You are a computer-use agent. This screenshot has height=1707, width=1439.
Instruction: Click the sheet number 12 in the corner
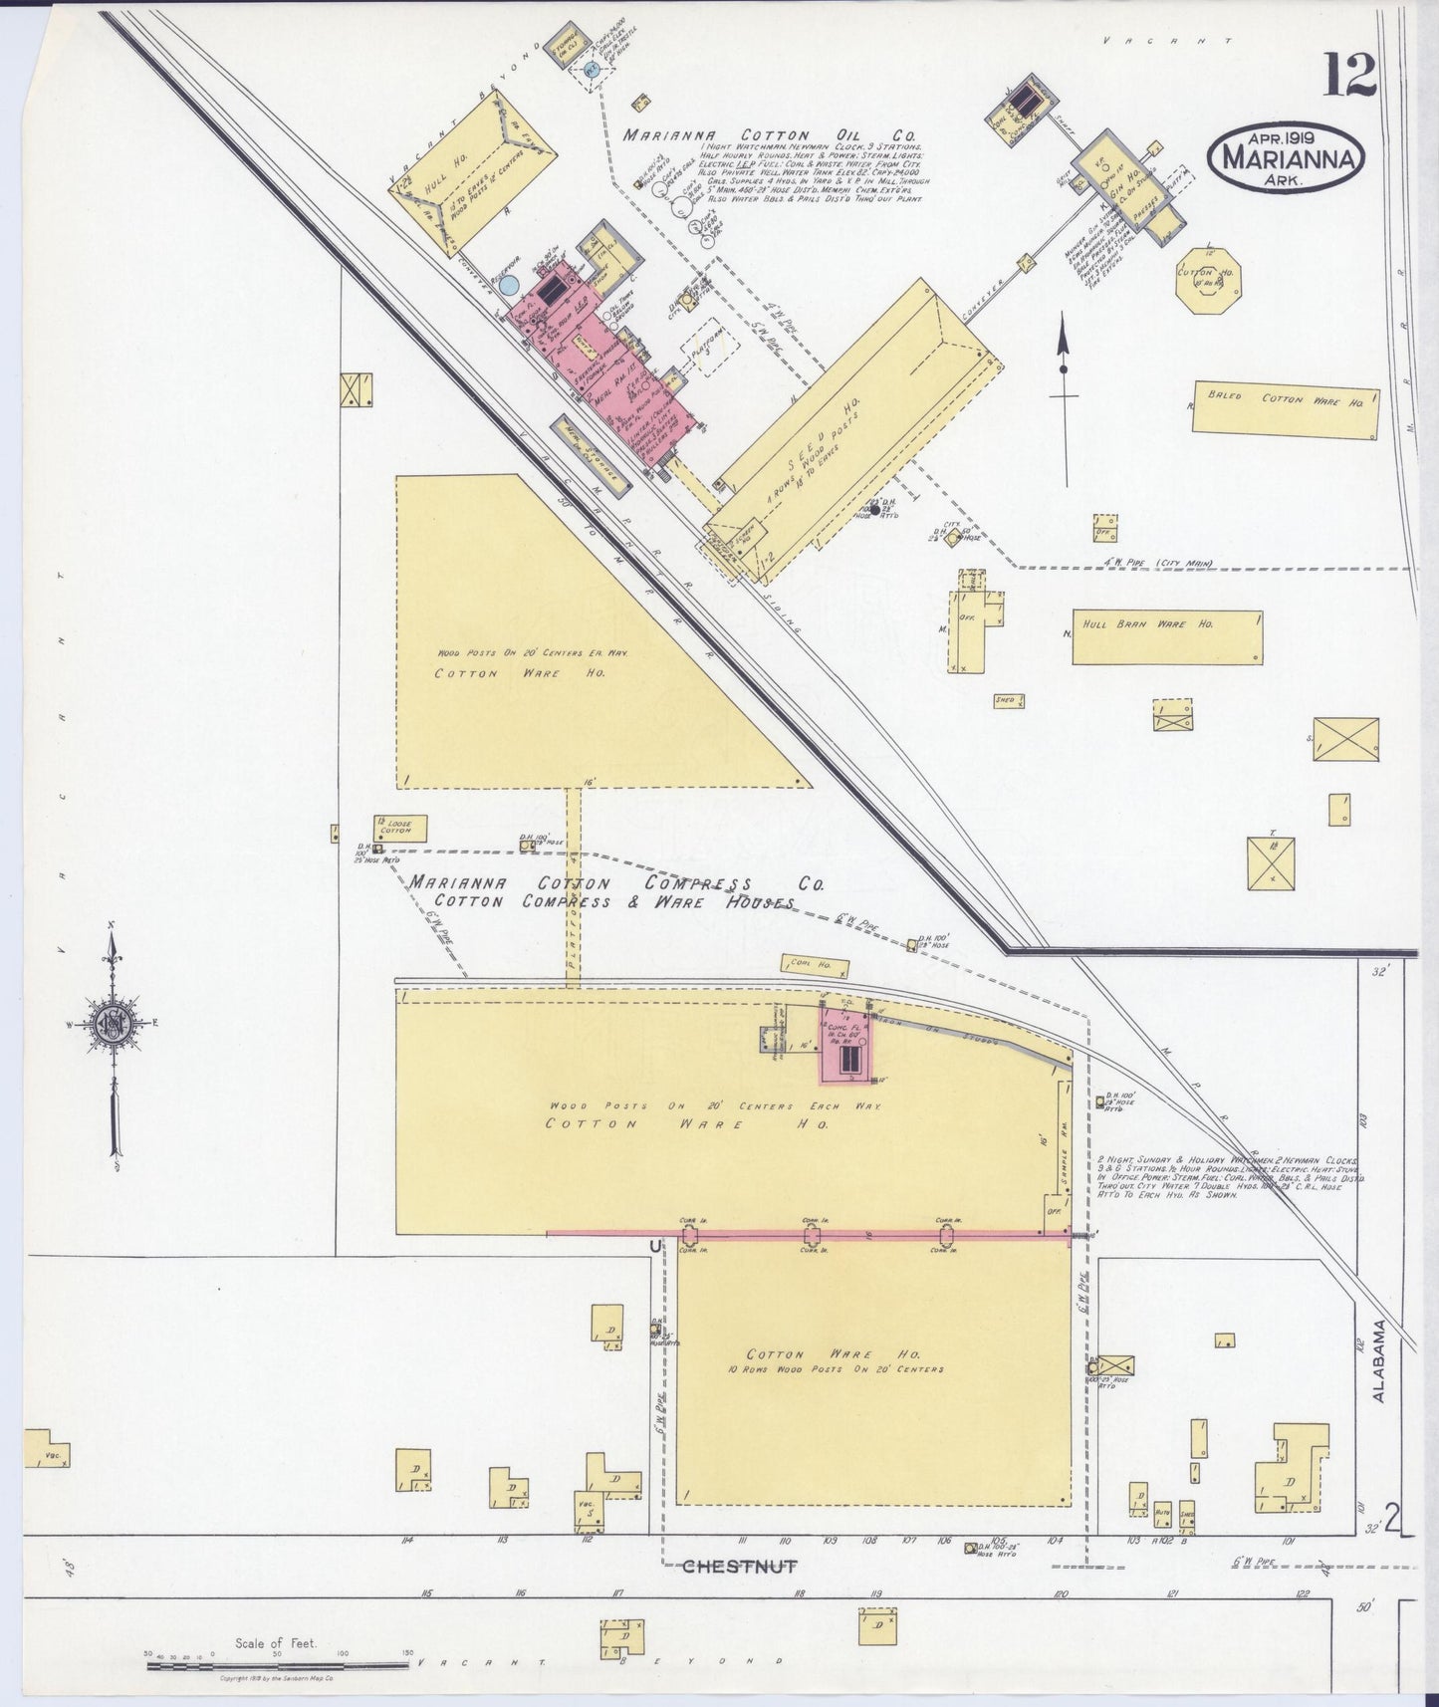(1349, 75)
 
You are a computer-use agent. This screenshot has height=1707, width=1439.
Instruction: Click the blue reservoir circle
(509, 286)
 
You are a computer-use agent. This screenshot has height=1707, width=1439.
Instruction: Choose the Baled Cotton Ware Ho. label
(1285, 399)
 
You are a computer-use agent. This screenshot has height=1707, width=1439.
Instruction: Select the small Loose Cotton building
(400, 826)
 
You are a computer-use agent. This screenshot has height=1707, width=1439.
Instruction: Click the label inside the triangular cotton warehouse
(498, 673)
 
